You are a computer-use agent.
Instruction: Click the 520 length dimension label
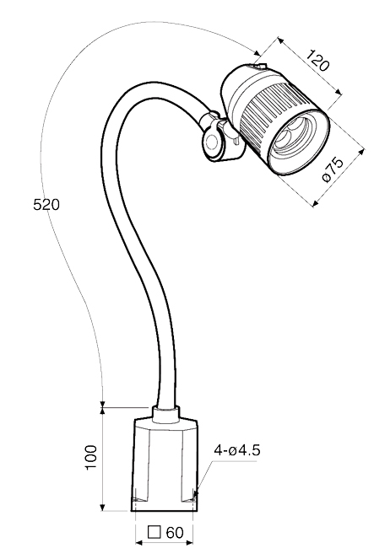point(46,204)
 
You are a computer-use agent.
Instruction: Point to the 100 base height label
point(92,457)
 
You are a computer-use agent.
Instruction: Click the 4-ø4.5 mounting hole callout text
point(237,450)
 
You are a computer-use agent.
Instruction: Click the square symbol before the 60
point(154,533)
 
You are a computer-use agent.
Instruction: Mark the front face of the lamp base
point(164,468)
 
